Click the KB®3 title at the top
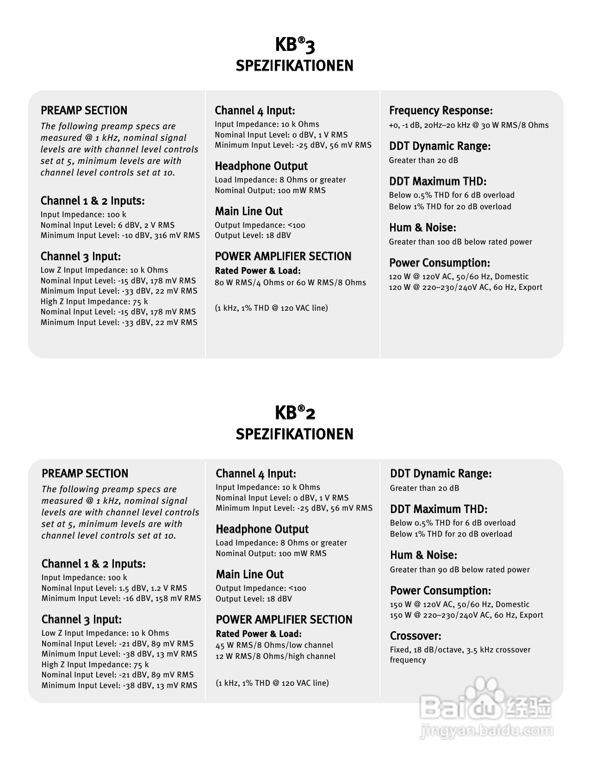tap(295, 45)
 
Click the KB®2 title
tap(295, 412)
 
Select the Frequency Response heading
tap(441, 111)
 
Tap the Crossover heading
tap(415, 636)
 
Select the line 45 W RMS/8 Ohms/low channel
tap(274, 645)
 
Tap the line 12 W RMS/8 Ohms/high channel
tap(275, 656)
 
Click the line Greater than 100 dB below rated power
tap(460, 242)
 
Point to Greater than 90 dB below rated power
tap(460, 570)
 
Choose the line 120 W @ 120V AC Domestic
tap(459, 276)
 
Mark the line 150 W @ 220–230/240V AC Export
tap(466, 615)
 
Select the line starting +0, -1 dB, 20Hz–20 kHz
tap(469, 125)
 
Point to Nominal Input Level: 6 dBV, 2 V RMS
tap(107, 225)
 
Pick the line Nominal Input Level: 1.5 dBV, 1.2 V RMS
tap(114, 588)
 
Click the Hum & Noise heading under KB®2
tap(423, 555)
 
